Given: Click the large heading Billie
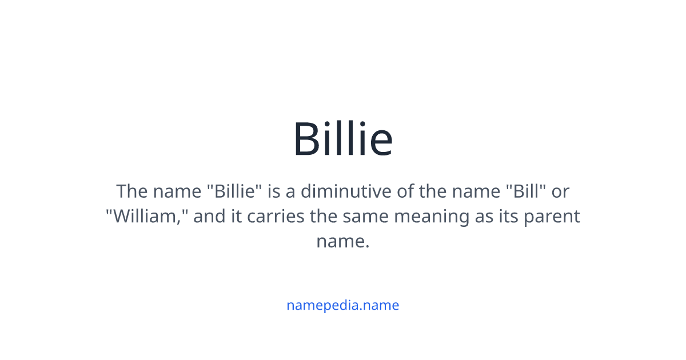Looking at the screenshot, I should (343, 139).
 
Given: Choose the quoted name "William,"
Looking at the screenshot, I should (147, 217).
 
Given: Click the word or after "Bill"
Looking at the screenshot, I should (560, 191).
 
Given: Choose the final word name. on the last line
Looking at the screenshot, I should (343, 242).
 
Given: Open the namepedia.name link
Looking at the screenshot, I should (343, 305).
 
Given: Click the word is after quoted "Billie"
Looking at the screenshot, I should (274, 191).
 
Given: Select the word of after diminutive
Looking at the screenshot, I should (405, 191).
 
